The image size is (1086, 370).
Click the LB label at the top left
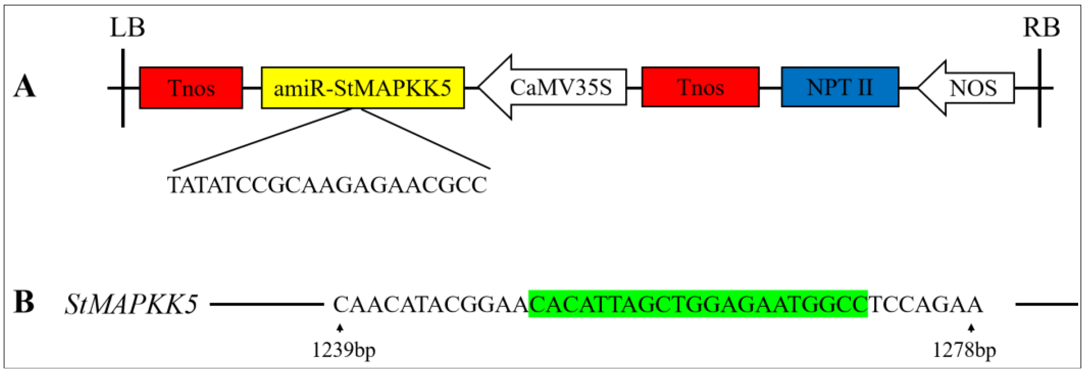tap(127, 28)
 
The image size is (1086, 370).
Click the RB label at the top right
tap(1041, 28)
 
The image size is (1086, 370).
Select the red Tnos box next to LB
tap(191, 88)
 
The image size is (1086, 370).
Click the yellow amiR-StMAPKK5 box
tap(363, 88)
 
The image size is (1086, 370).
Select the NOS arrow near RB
tap(970, 88)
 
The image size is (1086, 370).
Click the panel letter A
tap(24, 88)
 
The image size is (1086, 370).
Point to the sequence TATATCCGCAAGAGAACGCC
tap(327, 185)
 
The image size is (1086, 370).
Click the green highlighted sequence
tap(698, 304)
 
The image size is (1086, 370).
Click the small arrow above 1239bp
tap(340, 328)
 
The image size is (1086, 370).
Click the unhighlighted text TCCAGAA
tap(925, 304)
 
